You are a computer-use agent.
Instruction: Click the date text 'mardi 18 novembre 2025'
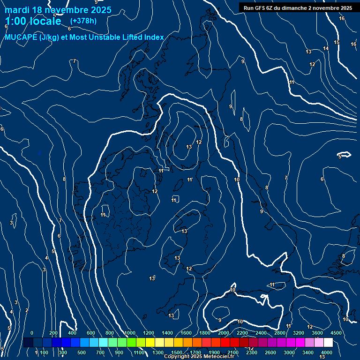click(x=58, y=10)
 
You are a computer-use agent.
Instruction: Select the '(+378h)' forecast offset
click(x=83, y=21)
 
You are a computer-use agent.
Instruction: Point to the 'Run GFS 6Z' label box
click(x=298, y=8)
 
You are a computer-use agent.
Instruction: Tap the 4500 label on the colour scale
click(x=336, y=333)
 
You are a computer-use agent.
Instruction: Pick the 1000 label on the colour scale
click(x=130, y=333)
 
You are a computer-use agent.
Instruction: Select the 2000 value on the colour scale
click(x=224, y=333)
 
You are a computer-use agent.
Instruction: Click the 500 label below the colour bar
click(x=81, y=352)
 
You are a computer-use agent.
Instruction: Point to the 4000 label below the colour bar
click(x=327, y=352)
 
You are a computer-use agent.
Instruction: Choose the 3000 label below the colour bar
click(x=289, y=352)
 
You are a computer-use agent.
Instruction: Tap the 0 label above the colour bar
click(x=32, y=333)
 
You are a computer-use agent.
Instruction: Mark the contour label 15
click(x=337, y=43)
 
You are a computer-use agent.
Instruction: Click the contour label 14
click(x=326, y=49)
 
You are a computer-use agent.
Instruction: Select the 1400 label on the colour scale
click(x=167, y=333)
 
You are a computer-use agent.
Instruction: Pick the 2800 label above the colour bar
click(x=280, y=333)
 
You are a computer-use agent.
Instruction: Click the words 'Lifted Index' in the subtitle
click(x=141, y=37)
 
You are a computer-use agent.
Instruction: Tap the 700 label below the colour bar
click(x=100, y=352)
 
